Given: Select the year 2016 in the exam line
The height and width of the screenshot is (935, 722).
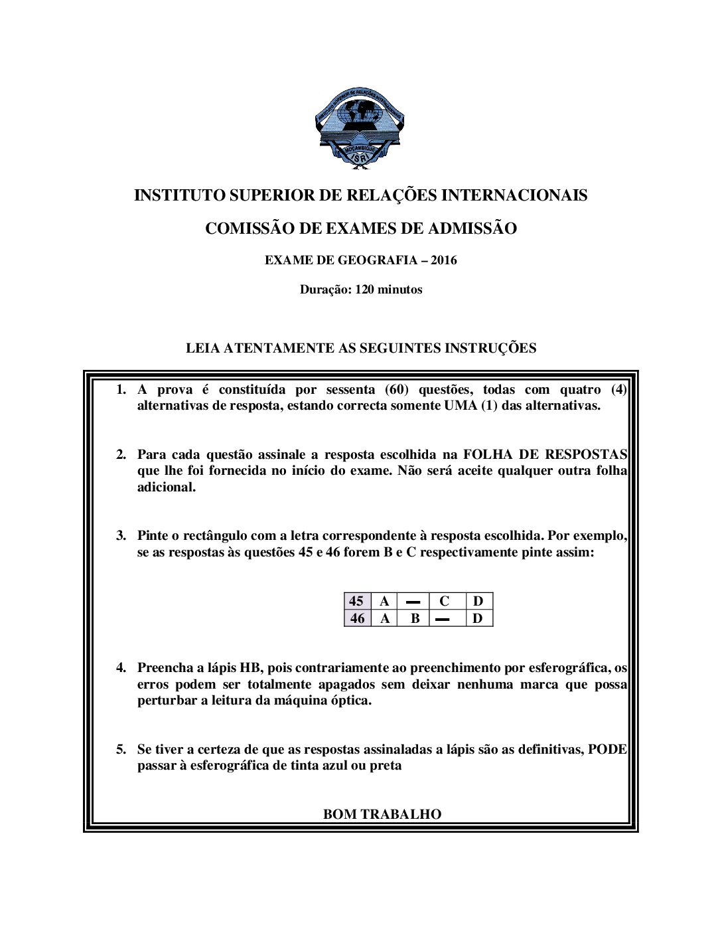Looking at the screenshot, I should (x=443, y=260).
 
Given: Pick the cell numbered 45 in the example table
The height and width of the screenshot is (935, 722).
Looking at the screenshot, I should (x=356, y=601).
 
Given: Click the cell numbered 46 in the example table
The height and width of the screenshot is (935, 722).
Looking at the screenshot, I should (x=357, y=618).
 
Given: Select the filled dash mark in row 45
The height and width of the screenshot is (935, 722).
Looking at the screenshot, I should (x=413, y=602).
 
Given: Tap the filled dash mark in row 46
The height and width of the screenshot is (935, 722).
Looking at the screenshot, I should (x=443, y=619).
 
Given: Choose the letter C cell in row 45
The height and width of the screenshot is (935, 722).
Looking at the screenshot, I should (x=444, y=601).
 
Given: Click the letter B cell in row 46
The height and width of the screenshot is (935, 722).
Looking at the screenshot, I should (x=415, y=618).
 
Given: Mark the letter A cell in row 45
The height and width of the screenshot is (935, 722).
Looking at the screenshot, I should (x=384, y=601).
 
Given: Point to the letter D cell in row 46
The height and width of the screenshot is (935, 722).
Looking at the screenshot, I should (x=478, y=618).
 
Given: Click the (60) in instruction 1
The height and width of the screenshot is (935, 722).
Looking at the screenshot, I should (x=396, y=390).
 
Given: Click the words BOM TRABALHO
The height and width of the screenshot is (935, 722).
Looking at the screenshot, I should (x=382, y=814).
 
